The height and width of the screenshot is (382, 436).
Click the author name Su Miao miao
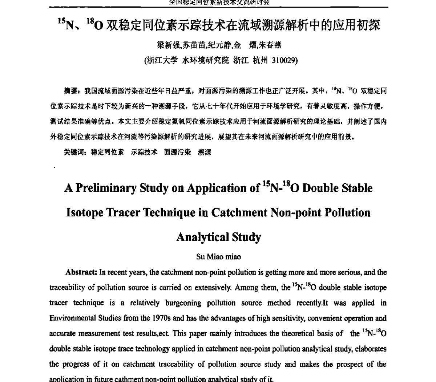coord(218,257)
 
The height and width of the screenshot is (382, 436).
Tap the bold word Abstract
coord(81,272)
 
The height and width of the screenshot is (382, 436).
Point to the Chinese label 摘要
coord(70,90)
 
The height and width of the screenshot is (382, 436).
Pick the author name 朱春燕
coord(270,45)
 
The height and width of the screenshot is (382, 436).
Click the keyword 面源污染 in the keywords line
coord(177,152)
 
